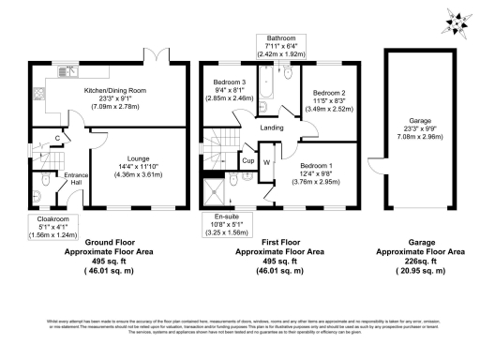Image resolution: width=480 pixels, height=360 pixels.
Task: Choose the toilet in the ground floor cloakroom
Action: pyautogui.click(x=43, y=179)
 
